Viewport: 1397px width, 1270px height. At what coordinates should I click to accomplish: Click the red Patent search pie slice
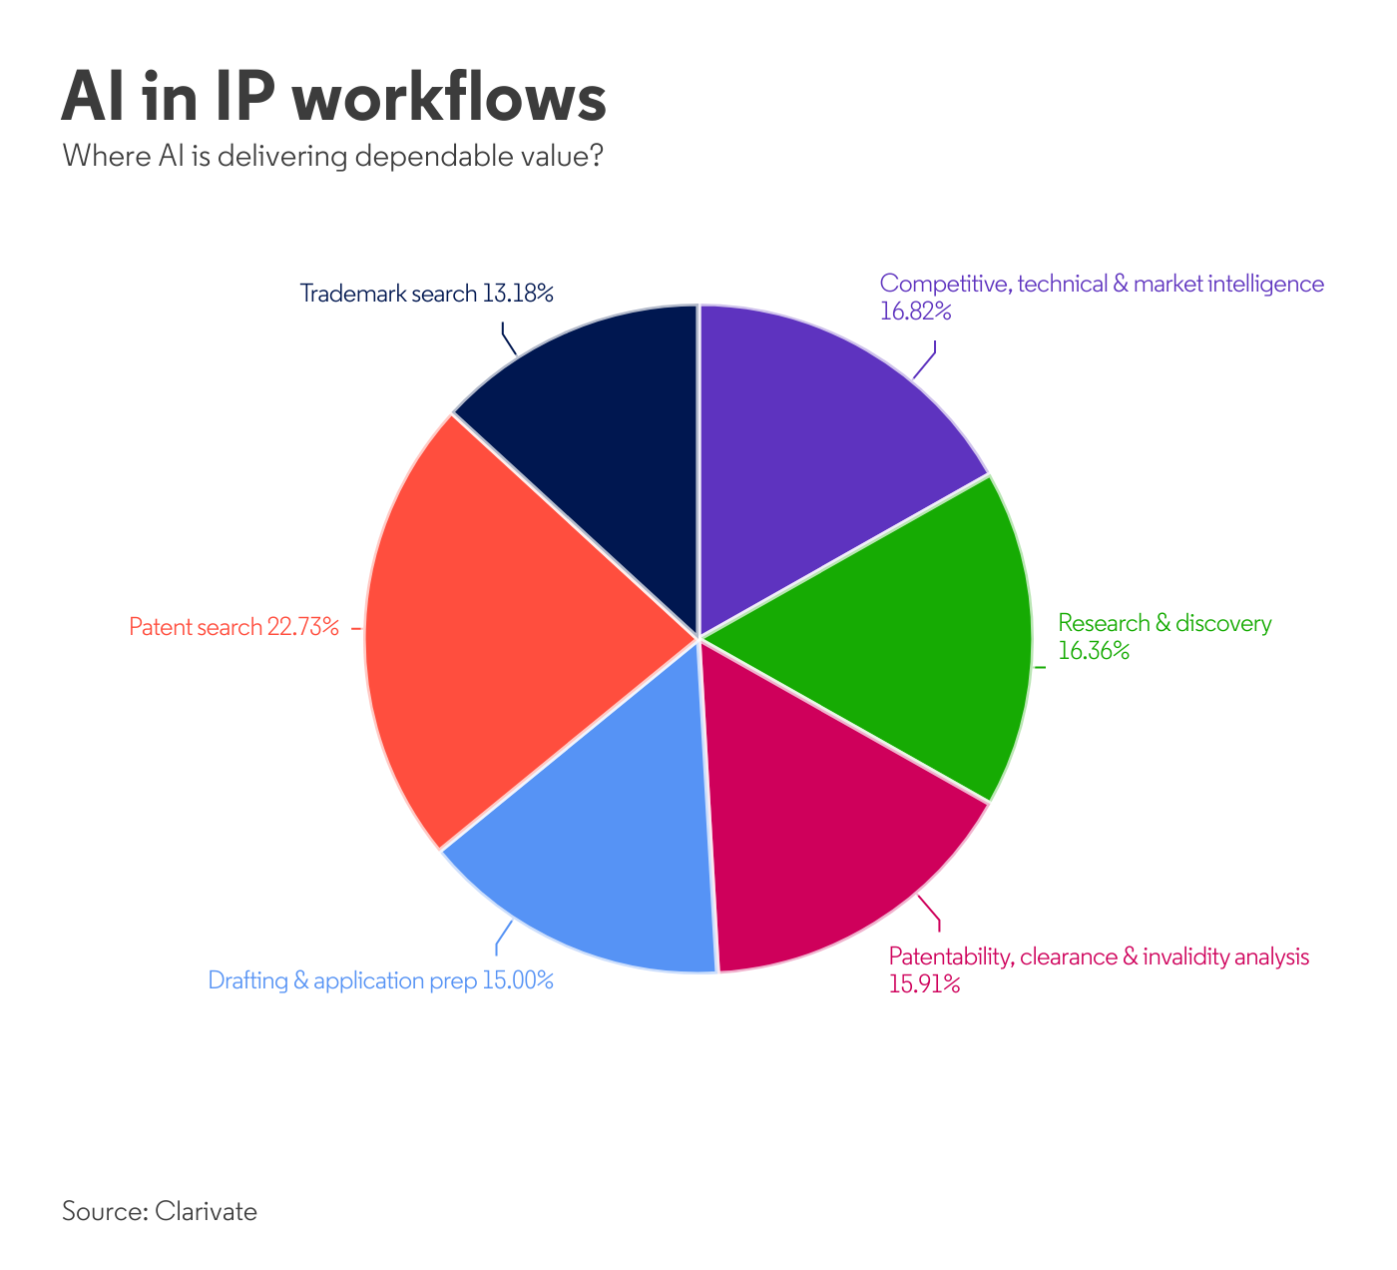[x=508, y=631]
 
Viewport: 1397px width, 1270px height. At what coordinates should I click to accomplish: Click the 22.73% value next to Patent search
[x=303, y=627]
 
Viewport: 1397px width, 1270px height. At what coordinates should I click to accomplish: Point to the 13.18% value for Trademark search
[x=518, y=294]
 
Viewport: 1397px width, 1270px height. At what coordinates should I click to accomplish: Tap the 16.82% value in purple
[x=915, y=311]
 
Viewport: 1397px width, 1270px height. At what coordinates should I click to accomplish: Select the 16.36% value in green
[x=1094, y=650]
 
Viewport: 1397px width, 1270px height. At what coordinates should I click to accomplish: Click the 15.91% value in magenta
[x=924, y=983]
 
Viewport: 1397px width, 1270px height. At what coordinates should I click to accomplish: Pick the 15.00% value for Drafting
[x=518, y=980]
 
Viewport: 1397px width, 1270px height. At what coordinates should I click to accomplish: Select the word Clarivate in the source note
[x=207, y=1211]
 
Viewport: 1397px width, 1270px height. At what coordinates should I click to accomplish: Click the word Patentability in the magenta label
[x=951, y=957]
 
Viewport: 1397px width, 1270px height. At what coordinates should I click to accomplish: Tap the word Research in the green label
[x=1104, y=622]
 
